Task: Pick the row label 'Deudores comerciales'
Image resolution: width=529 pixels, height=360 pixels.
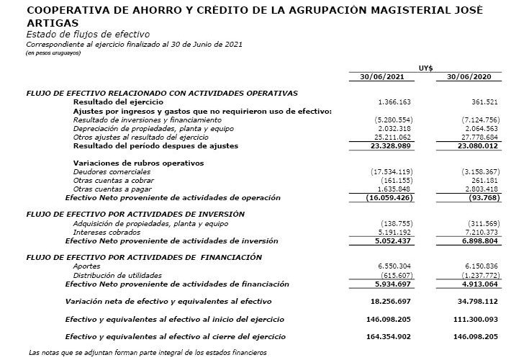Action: (106, 171)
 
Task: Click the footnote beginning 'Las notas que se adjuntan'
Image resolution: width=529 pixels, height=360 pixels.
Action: (148, 352)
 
